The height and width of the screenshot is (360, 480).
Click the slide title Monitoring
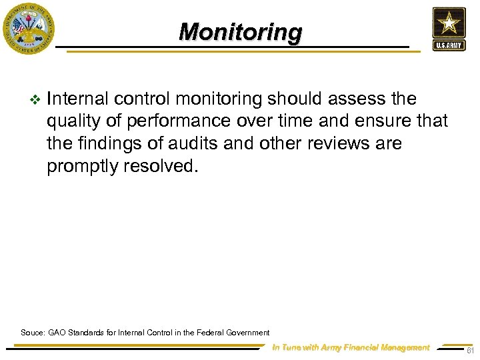point(240,31)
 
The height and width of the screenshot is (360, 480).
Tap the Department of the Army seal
point(28,28)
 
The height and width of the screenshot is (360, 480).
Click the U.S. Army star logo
point(449,23)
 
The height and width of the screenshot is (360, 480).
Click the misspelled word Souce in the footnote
point(33,332)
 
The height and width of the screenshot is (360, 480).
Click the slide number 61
point(470,350)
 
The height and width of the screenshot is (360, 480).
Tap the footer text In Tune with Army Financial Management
point(351,347)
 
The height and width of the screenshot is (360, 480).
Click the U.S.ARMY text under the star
point(449,46)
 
